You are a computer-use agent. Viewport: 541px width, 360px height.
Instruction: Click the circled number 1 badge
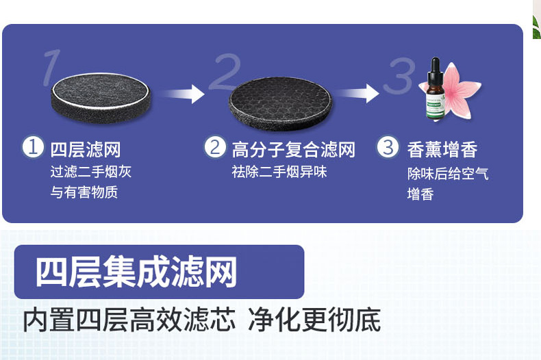[32, 147]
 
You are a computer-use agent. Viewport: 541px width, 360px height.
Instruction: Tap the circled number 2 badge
[215, 147]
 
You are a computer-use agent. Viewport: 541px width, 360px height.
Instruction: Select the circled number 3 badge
[388, 147]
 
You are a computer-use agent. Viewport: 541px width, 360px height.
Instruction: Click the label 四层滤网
[86, 149]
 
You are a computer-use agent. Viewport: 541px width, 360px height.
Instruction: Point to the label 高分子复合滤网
[294, 149]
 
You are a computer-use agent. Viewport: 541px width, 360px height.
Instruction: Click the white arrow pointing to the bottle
[361, 92]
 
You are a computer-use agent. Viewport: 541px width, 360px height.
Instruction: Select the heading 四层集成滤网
[136, 272]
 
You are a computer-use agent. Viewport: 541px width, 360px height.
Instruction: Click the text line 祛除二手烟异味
[279, 172]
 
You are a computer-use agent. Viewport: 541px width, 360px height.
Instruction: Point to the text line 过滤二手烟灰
[91, 172]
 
